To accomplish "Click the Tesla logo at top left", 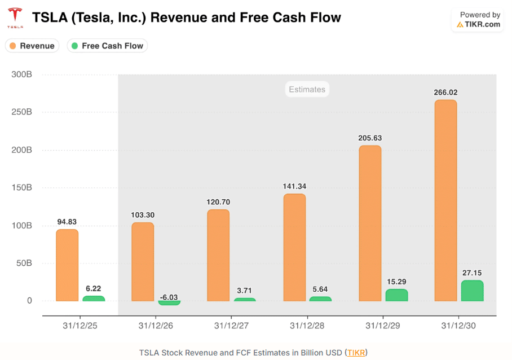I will coord(15,18).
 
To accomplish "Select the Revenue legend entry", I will coord(32,46).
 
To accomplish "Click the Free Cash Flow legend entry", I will coord(107,46).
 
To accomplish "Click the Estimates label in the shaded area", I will coord(307,89).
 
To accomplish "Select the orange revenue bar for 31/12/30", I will coord(445,200).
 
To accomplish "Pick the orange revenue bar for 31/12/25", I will coord(67,265).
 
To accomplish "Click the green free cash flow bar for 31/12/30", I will coord(472,291).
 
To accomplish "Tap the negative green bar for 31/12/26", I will coord(169,303).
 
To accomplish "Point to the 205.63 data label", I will coord(370,138).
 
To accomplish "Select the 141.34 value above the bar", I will coord(294,186).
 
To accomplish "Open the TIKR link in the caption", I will coord(356,353).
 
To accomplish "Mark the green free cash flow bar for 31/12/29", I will coord(396,295).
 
